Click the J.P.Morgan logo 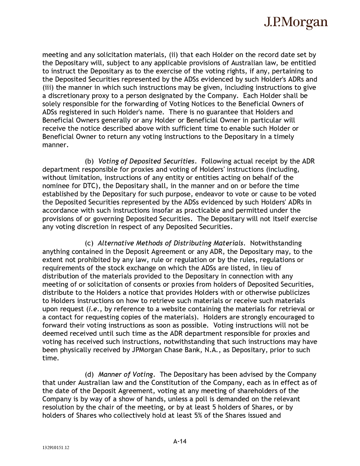click(296, 22)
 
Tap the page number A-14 click(180, 441)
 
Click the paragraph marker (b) click(89, 161)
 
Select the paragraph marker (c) click(89, 243)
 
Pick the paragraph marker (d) click(89, 374)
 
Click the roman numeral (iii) click(48, 88)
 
